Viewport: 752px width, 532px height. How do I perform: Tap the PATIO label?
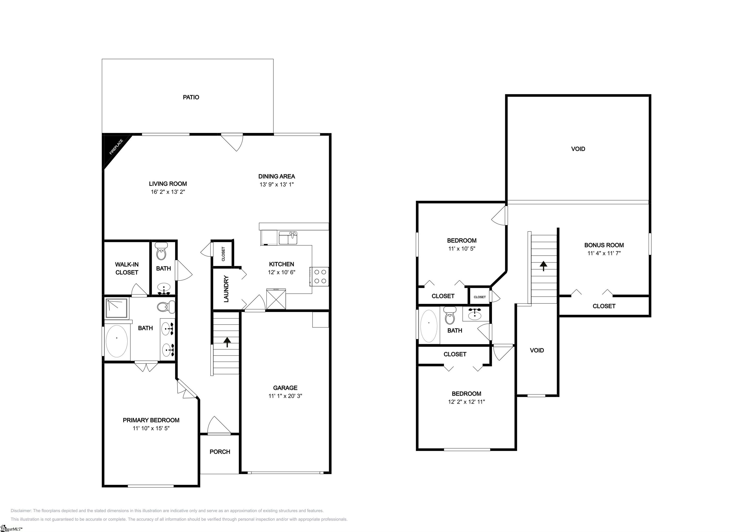tap(191, 97)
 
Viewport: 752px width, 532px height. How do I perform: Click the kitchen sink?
tap(288, 238)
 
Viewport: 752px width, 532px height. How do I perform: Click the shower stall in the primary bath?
tap(117, 308)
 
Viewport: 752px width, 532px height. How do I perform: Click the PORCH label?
tap(220, 452)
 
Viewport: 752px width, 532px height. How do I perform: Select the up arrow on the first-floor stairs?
tap(227, 342)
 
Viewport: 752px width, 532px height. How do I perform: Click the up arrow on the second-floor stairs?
tap(544, 266)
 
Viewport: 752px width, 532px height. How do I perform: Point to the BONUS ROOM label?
tap(604, 245)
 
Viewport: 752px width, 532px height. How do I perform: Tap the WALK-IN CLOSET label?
tap(127, 268)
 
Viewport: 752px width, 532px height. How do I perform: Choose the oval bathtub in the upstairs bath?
tap(429, 326)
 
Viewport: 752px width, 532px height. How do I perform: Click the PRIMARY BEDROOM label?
tap(151, 420)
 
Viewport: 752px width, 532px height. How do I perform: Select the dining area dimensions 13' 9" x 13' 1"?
tap(277, 184)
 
